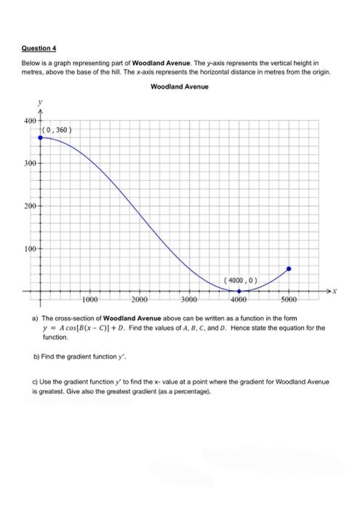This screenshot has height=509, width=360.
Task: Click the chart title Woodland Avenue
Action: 179,87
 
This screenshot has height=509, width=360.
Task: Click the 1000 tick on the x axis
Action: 90,300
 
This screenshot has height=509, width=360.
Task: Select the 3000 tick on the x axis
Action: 190,300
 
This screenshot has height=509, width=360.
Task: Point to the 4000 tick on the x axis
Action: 239,300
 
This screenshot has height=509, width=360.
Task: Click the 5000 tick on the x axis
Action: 289,300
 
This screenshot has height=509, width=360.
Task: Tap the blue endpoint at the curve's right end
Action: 289,269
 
